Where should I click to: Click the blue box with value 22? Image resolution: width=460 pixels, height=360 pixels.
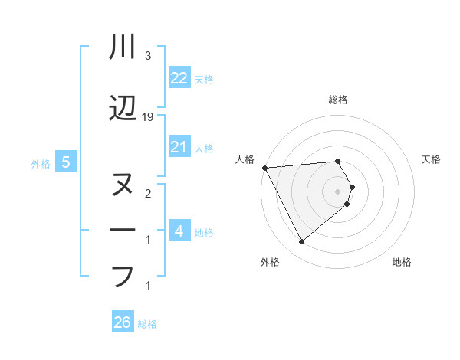click(x=179, y=78)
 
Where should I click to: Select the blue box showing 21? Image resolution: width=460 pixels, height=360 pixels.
click(x=179, y=147)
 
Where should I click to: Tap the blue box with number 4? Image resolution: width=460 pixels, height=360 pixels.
click(x=179, y=231)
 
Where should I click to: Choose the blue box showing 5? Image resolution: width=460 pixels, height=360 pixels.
click(x=67, y=162)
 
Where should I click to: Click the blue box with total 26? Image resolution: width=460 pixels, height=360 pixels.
click(x=123, y=323)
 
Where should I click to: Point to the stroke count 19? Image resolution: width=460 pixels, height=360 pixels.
click(x=149, y=117)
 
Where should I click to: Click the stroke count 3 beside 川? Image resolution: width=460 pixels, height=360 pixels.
click(x=147, y=56)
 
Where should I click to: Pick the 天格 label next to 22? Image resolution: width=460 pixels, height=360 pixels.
click(x=203, y=79)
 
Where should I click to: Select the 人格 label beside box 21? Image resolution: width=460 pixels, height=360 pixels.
click(x=203, y=148)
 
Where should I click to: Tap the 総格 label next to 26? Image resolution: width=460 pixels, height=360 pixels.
click(x=147, y=324)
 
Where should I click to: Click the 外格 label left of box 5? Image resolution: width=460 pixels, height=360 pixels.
click(x=41, y=163)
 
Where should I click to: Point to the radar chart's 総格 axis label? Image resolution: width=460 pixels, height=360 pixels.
click(x=338, y=100)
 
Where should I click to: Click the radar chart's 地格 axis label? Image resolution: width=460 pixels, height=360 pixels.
click(x=402, y=262)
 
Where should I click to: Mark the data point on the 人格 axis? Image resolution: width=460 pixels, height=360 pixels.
click(x=264, y=167)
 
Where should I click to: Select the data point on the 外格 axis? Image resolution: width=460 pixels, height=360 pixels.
click(x=301, y=242)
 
